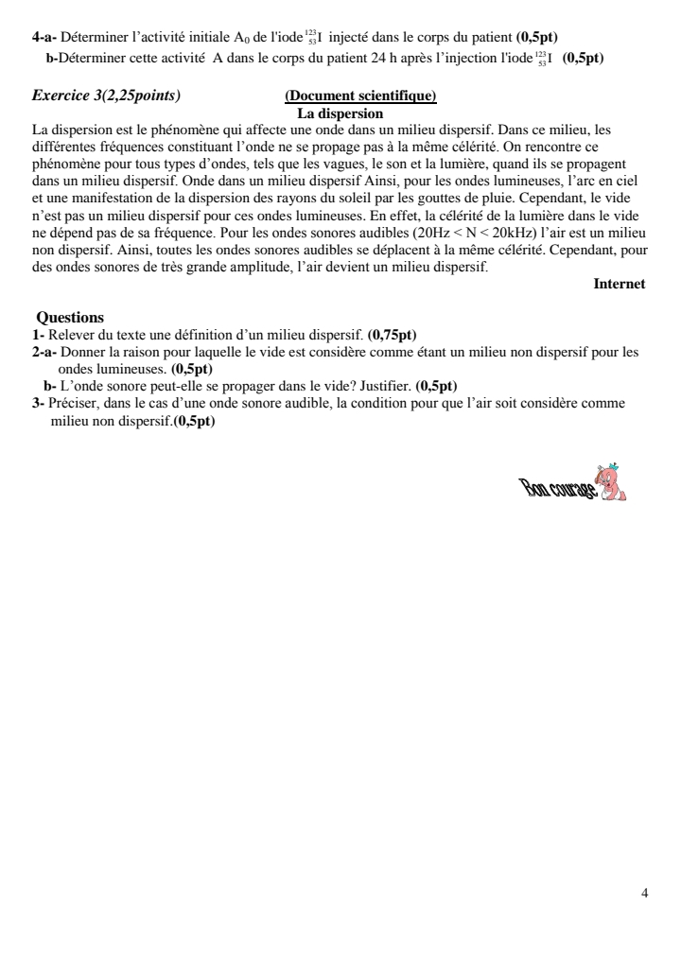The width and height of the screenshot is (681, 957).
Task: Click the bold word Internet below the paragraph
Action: tap(620, 283)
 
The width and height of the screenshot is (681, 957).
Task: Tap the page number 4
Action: tap(644, 893)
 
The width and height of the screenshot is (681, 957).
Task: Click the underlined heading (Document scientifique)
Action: tap(359, 96)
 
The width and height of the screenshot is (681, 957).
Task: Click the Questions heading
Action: tap(70, 318)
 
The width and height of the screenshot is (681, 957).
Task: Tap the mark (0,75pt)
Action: tap(392, 333)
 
